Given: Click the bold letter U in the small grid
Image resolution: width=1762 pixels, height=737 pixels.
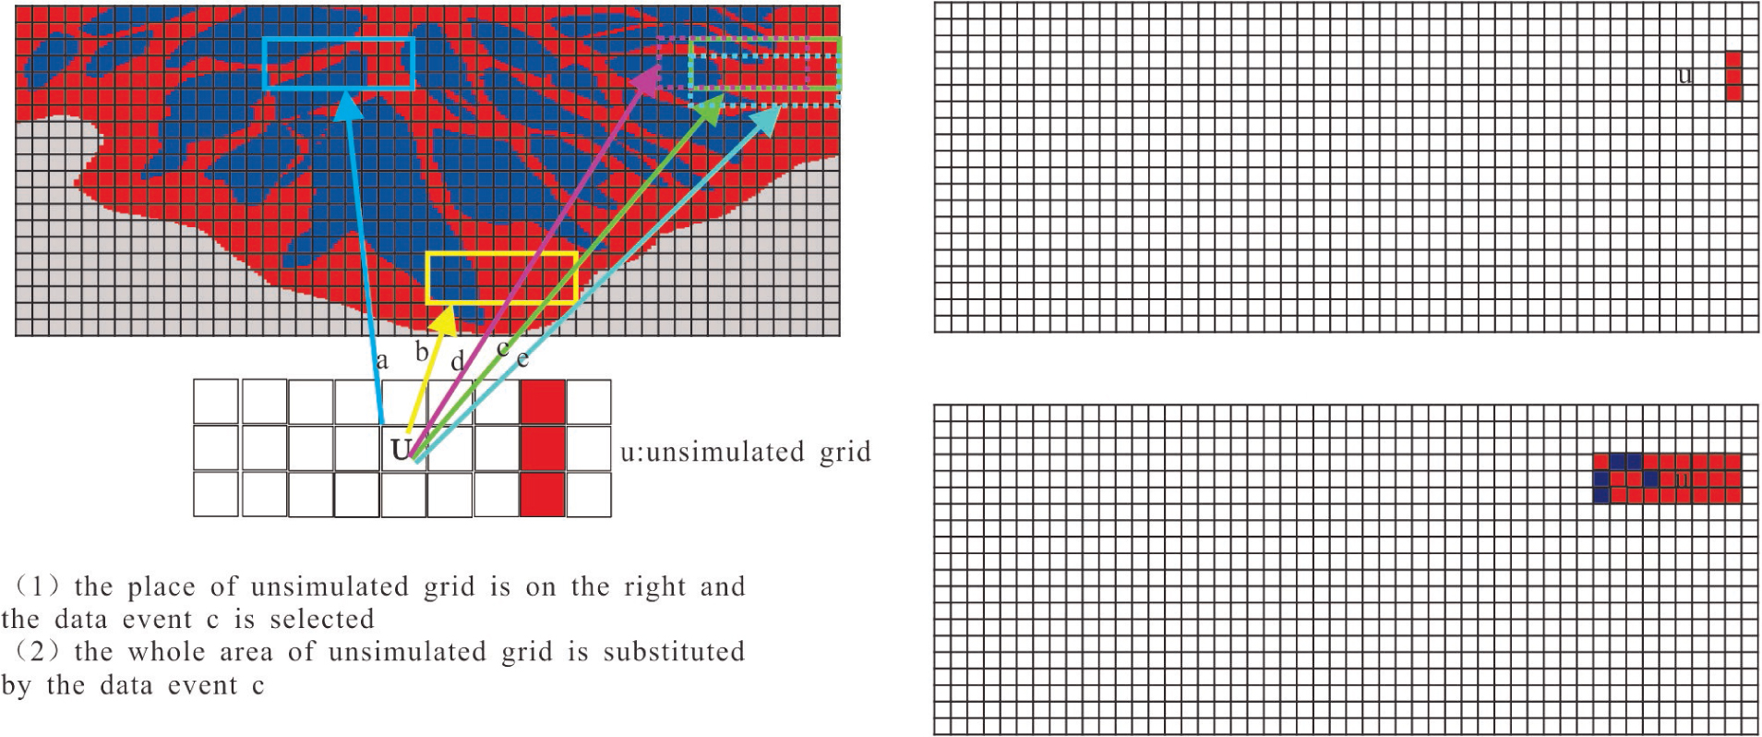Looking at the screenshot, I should [401, 450].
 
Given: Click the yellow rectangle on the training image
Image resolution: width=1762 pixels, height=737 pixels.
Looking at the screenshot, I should [502, 277].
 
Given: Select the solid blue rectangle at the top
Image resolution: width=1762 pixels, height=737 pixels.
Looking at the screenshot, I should [339, 63].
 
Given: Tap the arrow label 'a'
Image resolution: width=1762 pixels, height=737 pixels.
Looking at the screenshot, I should [382, 360].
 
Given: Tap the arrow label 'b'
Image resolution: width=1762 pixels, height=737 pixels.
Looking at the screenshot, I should [422, 352].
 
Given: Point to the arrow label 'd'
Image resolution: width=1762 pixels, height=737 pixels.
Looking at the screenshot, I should [457, 362].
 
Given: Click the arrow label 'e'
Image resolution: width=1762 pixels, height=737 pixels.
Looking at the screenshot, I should [522, 358].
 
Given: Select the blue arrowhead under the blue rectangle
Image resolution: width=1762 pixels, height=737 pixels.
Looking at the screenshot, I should [348, 106].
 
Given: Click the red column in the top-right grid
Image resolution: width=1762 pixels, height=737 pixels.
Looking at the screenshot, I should [1733, 77].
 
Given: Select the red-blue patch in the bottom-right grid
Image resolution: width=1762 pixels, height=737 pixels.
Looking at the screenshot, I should [1667, 478].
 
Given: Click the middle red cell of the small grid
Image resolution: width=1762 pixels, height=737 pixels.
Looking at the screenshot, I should [543, 448].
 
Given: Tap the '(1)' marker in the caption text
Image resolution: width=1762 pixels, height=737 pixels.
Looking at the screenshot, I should [37, 586].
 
